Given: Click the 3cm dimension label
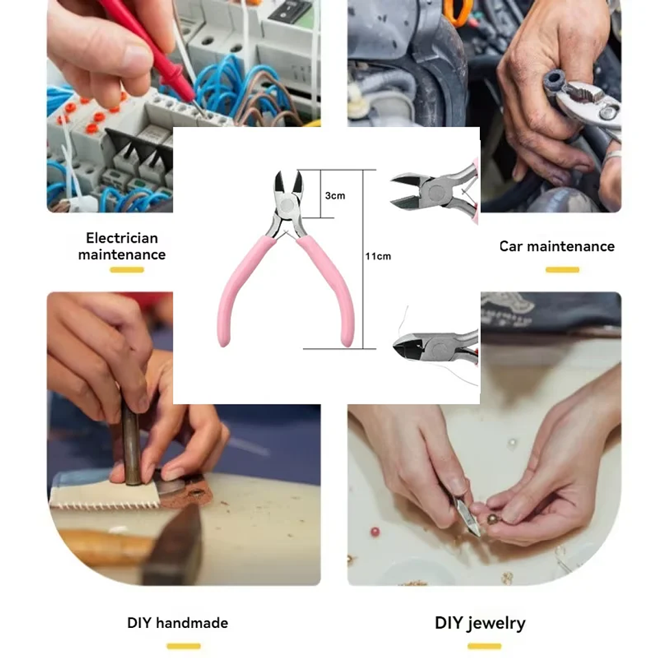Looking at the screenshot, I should click(334, 195).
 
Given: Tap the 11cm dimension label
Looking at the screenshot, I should click(378, 256).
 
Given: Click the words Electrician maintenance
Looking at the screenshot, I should click(122, 246).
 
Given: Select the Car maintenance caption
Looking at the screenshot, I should click(557, 246).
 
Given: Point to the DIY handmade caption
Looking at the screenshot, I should click(178, 623).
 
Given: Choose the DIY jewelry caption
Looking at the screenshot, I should click(480, 623).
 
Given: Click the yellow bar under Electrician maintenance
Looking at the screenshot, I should click(127, 270).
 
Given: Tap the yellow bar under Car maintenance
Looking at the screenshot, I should click(562, 270).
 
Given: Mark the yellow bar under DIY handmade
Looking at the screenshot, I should click(183, 646).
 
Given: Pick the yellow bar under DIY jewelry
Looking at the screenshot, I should click(484, 646).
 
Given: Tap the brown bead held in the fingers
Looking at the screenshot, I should click(492, 519).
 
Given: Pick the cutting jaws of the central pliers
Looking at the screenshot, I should click(288, 183).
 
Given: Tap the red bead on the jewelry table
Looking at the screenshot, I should click(375, 531).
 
